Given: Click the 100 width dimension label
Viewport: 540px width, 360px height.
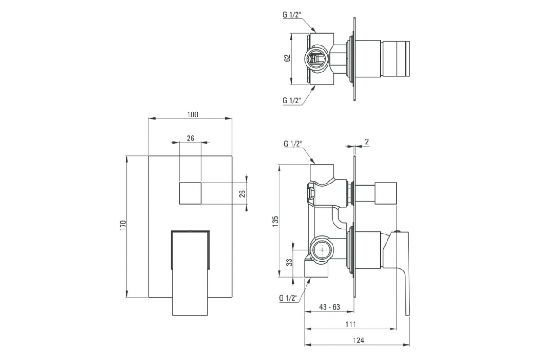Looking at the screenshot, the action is pos(193,115).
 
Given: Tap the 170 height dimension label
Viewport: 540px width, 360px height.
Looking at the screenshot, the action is pos(123,225).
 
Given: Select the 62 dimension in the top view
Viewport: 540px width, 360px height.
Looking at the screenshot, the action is pos(288,58).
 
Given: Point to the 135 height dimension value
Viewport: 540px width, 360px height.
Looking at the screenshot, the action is pos(275,221).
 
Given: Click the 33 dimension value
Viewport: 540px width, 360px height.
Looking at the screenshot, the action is pos(289,262).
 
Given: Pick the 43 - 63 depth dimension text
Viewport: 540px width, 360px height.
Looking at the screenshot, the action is pos(329,307).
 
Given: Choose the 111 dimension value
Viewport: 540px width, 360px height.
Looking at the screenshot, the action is pos(351,324).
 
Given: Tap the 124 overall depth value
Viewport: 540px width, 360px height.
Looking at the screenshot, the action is pos(359,340).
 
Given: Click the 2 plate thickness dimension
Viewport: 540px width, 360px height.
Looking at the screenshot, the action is pos(367,142).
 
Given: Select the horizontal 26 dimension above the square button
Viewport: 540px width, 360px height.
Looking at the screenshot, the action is pos(190,139).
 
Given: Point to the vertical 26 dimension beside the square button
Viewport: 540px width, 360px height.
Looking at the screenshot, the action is pos(242,193).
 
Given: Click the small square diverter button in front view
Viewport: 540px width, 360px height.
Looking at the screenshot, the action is pos(190,193).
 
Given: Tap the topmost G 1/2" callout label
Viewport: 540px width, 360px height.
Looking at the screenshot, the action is pos(292,15).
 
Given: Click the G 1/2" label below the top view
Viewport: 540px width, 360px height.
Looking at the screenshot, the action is pos(292,100).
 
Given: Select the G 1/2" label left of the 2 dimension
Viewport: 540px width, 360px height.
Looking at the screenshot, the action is pos(293,144).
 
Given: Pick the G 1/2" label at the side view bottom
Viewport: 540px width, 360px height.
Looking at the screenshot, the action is pos(288,298).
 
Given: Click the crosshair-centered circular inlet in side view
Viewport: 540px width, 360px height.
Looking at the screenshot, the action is pos(322,250).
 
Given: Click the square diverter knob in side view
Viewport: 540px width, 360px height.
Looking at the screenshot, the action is pos(386,193).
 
